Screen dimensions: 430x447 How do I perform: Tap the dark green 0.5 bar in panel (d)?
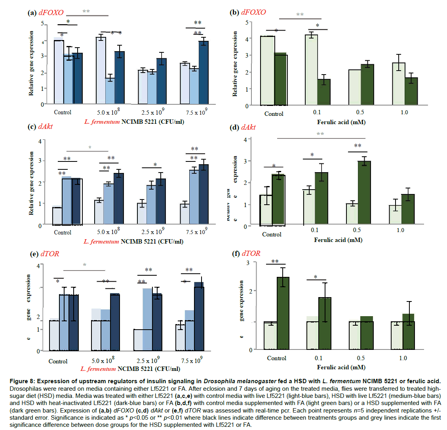coord(364,193)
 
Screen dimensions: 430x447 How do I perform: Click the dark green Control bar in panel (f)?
coord(283,313)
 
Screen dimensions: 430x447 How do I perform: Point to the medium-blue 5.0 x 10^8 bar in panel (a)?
coord(110,91)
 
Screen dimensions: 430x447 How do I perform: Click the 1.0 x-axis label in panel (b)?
coord(404,113)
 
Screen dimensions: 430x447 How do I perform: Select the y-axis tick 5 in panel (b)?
coord(247,23)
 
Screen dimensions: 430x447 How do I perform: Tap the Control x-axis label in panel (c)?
coord(63,232)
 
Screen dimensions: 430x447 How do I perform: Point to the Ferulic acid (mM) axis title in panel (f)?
coord(341,367)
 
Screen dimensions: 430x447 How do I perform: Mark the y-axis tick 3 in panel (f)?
coord(248,263)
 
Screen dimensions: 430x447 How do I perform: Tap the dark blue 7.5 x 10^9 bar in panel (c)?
coord(204,194)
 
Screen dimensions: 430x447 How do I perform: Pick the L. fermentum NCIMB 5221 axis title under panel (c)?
coord(133,242)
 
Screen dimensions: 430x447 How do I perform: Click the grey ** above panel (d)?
coord(320,134)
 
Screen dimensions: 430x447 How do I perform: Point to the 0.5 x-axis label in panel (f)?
coord(361,358)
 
